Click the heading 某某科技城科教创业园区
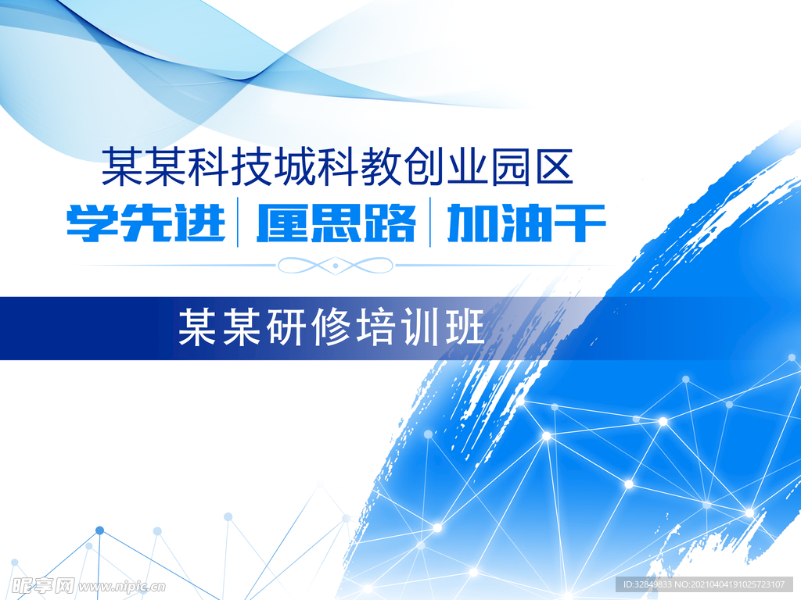coord(338,167)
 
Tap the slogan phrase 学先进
coord(146,222)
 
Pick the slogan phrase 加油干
coord(526,222)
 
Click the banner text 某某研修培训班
coord(332,327)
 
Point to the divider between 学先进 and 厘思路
coord(238,223)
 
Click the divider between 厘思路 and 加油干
coord(430,223)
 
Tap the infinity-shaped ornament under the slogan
coord(336,266)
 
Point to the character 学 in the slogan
coord(92,222)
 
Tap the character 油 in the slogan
coord(526,222)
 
